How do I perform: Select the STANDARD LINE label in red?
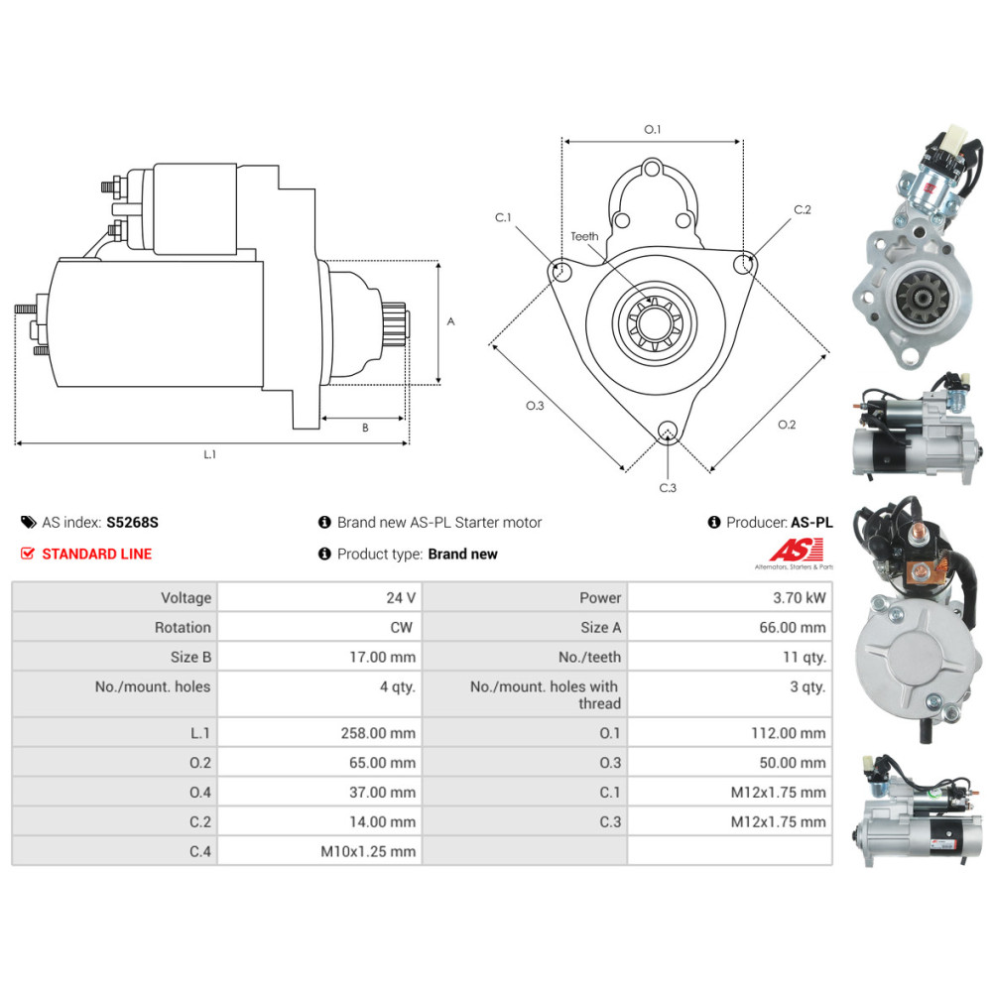[x=96, y=554]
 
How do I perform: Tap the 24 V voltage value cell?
[x=401, y=598]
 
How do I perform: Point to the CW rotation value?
[x=403, y=627]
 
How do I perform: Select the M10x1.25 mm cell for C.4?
[x=368, y=851]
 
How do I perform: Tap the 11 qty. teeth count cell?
[x=805, y=657]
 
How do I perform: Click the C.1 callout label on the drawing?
[x=504, y=217]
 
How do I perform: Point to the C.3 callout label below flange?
[x=668, y=487]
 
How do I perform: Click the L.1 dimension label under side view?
[x=210, y=454]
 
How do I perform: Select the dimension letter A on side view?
[x=450, y=321]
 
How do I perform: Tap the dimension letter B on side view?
[x=364, y=429]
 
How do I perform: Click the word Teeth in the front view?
[x=584, y=236]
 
